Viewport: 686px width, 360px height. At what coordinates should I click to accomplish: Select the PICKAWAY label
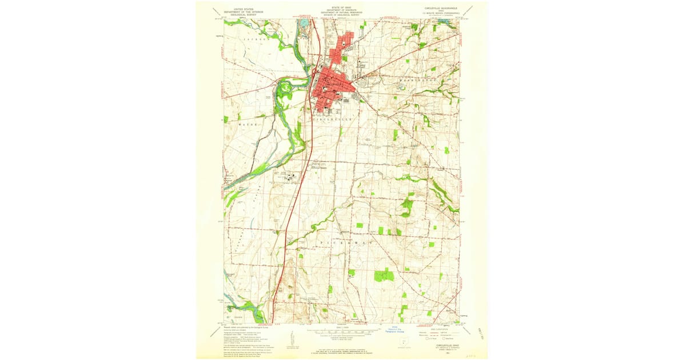click(x=343, y=242)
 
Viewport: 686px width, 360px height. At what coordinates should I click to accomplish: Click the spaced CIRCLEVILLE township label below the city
click(x=334, y=119)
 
